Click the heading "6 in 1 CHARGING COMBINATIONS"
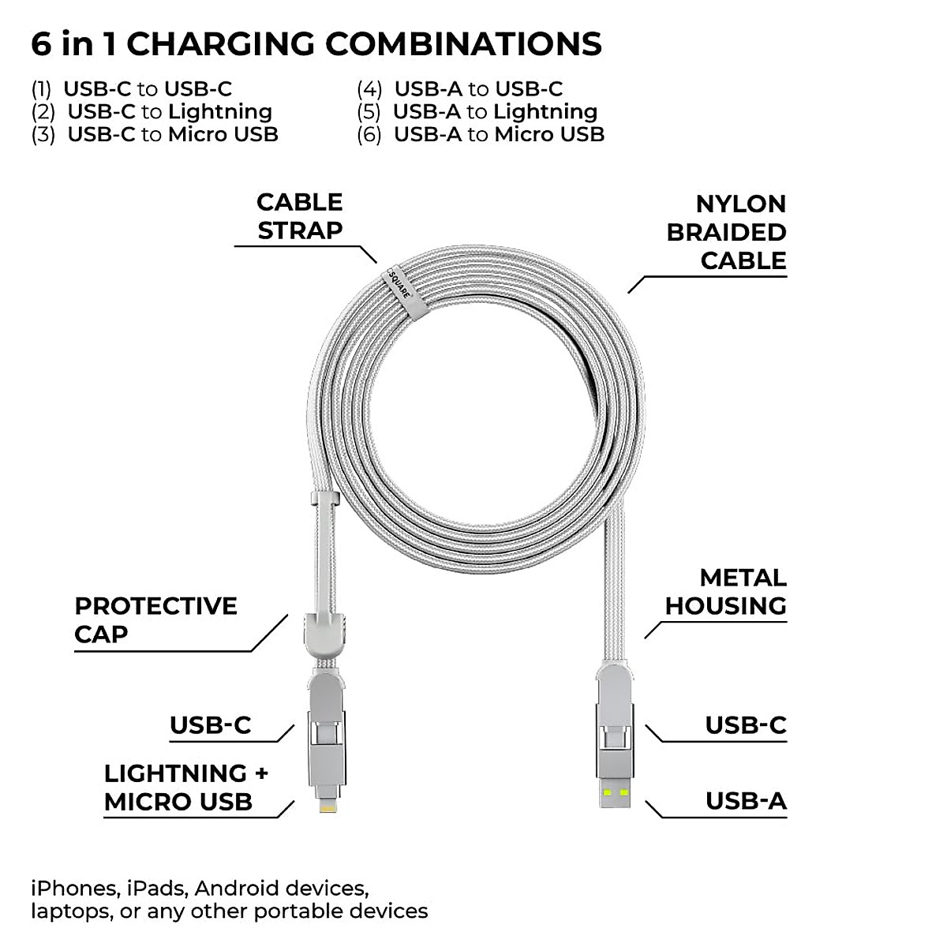pyautogui.click(x=316, y=44)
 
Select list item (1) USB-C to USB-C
pyautogui.click(x=132, y=89)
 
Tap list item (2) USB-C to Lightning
pyautogui.click(x=152, y=112)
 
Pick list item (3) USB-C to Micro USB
pyautogui.click(x=155, y=135)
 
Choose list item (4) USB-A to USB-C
pyautogui.click(x=459, y=89)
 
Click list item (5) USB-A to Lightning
pyautogui.click(x=477, y=112)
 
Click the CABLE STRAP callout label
pyautogui.click(x=299, y=216)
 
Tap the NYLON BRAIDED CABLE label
pyautogui.click(x=726, y=232)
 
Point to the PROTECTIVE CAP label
pyautogui.click(x=155, y=619)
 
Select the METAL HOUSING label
pyautogui.click(x=725, y=592)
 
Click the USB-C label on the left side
pyautogui.click(x=210, y=725)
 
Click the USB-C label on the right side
pyautogui.click(x=745, y=725)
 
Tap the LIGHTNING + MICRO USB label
pyautogui.click(x=185, y=788)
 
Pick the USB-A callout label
pyautogui.click(x=746, y=801)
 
